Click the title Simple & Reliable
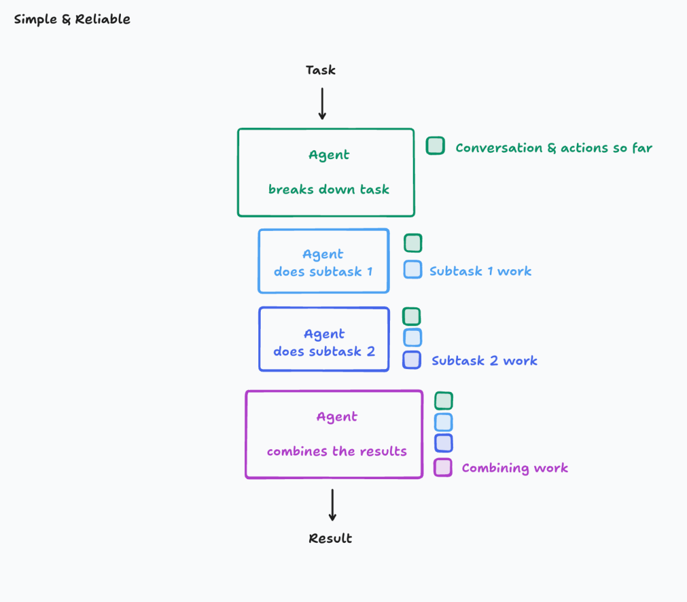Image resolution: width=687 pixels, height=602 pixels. tap(72, 19)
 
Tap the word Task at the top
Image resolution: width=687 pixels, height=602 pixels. tap(321, 70)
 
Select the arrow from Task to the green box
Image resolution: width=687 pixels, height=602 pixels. tap(323, 104)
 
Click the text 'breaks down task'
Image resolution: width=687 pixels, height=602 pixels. tap(328, 189)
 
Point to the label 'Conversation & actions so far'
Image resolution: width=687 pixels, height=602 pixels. tap(553, 148)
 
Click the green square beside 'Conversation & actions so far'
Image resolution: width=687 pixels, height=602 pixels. tap(435, 146)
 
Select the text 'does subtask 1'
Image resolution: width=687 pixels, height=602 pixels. tap(323, 272)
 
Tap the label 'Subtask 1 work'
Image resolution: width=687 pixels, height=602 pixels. tap(480, 271)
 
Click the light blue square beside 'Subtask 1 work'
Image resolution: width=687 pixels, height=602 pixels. tap(413, 269)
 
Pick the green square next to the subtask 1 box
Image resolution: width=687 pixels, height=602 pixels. tap(413, 243)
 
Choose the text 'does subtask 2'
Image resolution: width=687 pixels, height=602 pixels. tap(324, 351)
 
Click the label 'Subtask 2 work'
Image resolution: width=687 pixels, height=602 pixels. tap(484, 361)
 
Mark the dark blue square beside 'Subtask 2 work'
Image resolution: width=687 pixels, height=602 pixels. tap(412, 360)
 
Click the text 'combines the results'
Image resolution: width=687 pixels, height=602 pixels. tap(337, 451)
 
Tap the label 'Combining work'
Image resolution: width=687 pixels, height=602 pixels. tap(515, 468)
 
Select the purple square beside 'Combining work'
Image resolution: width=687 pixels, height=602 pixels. tap(443, 468)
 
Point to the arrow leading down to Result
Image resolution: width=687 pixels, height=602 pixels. tap(332, 505)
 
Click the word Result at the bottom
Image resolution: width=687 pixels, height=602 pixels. tap(330, 538)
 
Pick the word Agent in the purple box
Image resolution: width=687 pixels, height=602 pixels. tap(337, 417)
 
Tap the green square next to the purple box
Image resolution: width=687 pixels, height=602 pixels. tap(443, 401)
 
